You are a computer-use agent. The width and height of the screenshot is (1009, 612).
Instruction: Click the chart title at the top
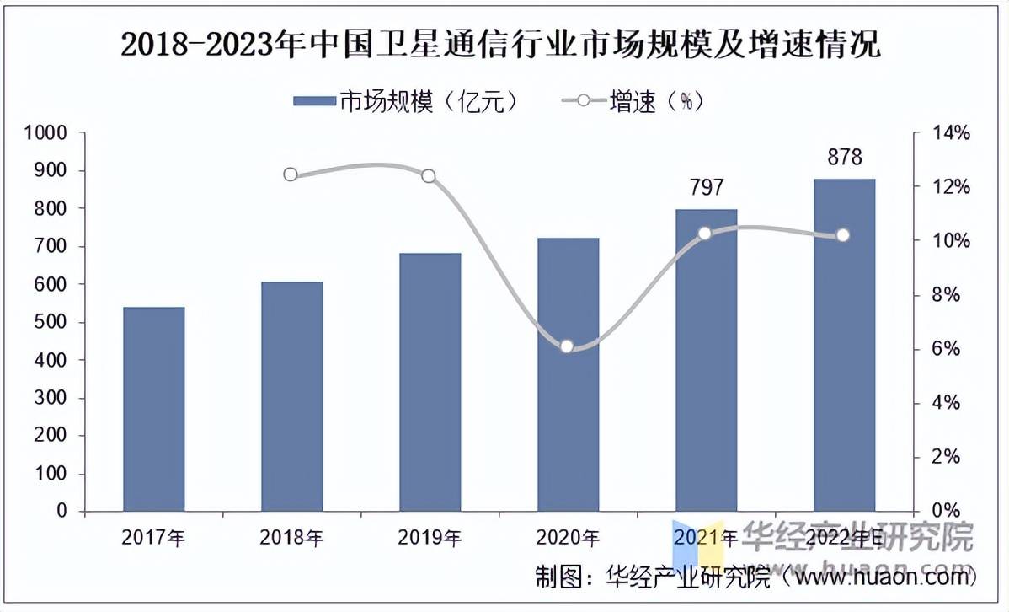tap(500, 45)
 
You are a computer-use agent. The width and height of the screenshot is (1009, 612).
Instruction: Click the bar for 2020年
tap(568, 374)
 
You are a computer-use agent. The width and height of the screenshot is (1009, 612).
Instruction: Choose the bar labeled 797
tap(706, 360)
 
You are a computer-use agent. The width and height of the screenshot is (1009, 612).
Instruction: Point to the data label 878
tap(844, 158)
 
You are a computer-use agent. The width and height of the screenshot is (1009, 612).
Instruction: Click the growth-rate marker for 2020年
tap(567, 346)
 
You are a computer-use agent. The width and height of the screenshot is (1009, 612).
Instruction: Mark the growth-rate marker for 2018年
tap(291, 174)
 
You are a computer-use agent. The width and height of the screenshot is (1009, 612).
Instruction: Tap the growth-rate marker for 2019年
tap(429, 176)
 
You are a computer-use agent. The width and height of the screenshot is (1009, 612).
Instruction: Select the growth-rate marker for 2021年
tap(705, 233)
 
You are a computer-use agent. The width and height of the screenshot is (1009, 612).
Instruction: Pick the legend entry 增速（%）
tap(632, 102)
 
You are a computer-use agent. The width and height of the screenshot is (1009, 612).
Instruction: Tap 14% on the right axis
tap(950, 133)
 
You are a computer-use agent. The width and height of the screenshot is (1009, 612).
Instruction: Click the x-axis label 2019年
tap(430, 537)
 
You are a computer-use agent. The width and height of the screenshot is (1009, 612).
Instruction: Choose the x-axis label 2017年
tap(153, 537)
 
